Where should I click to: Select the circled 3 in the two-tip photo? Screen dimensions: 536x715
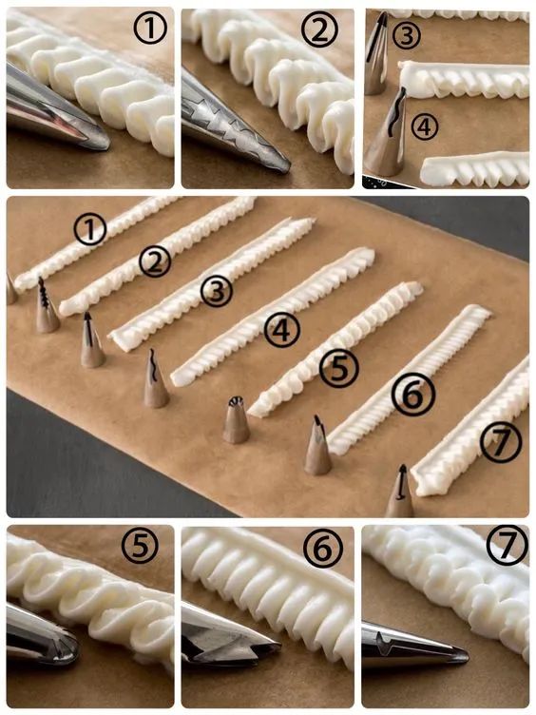coord(407,35)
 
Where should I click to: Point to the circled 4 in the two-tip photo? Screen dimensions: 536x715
coord(424,126)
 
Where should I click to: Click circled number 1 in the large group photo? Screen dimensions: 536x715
coord(90,229)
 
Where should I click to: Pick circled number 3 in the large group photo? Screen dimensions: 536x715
coord(217,291)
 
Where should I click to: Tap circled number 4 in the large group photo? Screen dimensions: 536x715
coord(282,330)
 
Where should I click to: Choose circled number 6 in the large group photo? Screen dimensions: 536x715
coord(413,396)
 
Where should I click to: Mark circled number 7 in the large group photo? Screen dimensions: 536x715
coord(502,442)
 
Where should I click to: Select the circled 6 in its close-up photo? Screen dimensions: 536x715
coord(323,548)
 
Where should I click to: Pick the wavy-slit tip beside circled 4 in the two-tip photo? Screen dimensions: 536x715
coord(387,132)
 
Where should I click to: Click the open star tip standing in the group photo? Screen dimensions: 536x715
coord(236,419)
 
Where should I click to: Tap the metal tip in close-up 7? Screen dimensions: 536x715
coord(412,645)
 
